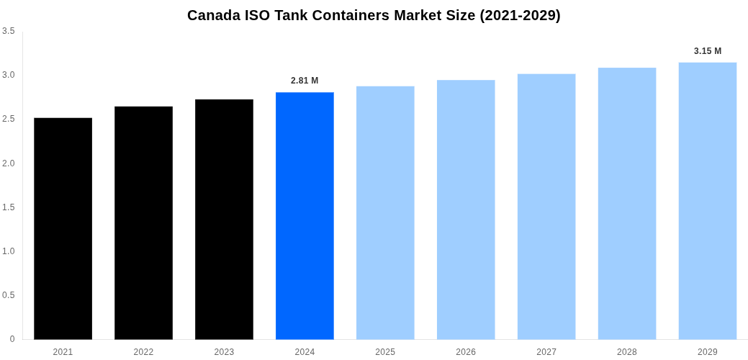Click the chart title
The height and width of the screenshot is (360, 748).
pos(374,15)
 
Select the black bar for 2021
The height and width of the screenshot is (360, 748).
pos(63,228)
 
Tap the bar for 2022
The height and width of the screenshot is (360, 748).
pos(143,222)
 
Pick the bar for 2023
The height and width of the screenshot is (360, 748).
pos(224,219)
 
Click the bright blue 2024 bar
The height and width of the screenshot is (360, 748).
pos(305,215)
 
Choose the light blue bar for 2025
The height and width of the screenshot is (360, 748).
pos(385,212)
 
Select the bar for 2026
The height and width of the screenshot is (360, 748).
pos(466,210)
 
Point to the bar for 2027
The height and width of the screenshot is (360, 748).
pos(546,207)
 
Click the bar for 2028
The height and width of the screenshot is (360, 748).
pos(627,203)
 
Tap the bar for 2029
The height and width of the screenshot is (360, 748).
pos(708,201)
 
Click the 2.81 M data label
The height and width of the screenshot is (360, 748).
pos(305,81)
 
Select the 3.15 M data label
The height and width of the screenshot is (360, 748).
pos(708,51)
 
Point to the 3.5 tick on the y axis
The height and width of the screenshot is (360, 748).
pos(8,31)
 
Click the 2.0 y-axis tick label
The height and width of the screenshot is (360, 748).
pos(8,163)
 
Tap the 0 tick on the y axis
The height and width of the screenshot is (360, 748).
pos(12,339)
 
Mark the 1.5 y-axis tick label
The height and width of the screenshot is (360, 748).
pos(8,207)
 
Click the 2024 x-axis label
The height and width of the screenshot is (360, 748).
pos(305,352)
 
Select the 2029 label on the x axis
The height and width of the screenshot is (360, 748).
pos(708,352)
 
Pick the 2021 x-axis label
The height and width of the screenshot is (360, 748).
pos(63,352)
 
